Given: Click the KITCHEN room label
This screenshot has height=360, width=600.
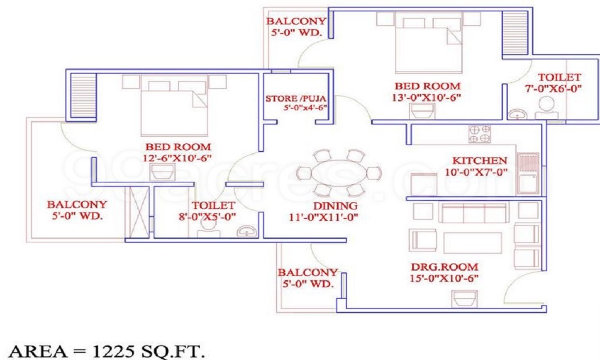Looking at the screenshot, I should [x=479, y=161].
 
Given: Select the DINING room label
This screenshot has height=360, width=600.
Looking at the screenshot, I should [x=328, y=206].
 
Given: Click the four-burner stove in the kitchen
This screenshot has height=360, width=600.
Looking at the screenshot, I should [x=479, y=134].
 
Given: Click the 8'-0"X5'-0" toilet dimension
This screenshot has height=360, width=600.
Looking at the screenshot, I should [x=205, y=217].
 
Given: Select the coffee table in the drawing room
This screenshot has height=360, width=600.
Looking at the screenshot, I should [x=473, y=242].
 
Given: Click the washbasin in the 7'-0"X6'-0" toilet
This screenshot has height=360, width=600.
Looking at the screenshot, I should [x=516, y=113].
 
